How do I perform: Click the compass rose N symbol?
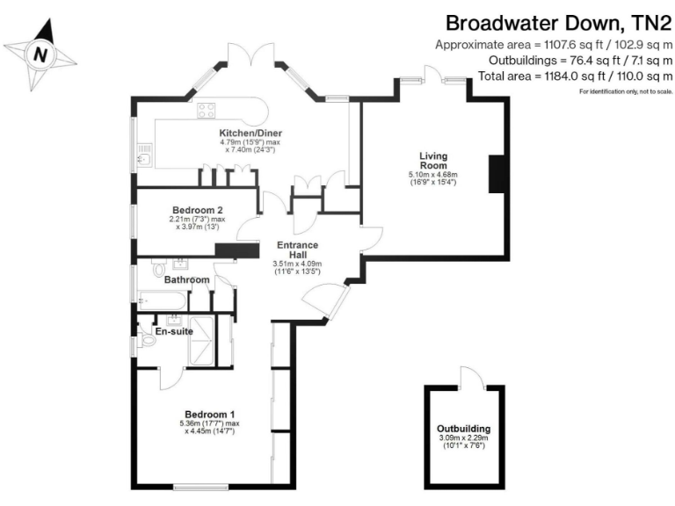(x=40, y=54)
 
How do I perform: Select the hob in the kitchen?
(x=207, y=110)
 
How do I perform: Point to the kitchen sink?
(x=144, y=159)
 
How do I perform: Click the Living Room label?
(x=432, y=160)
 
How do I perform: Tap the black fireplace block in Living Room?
(x=497, y=168)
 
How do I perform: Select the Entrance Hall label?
(x=297, y=249)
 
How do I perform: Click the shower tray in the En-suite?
(x=202, y=342)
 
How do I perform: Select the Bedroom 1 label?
(x=209, y=414)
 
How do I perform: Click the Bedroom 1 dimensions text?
(x=209, y=428)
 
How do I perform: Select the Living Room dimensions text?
(x=432, y=179)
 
